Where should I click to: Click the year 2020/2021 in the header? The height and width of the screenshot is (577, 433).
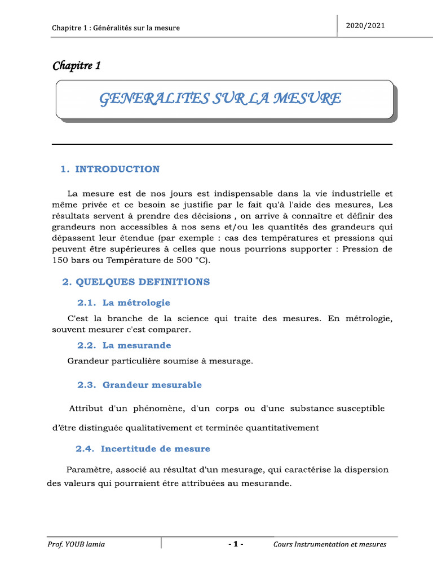[x=366, y=26]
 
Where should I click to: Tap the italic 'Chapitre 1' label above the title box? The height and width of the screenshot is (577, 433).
[x=77, y=66]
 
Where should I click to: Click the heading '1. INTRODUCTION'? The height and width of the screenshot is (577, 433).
[x=110, y=169]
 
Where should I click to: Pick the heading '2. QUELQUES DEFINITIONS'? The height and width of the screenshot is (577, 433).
[x=135, y=282]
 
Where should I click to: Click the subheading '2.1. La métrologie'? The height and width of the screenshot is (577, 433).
[x=123, y=303]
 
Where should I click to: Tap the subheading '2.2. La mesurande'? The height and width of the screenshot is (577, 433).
[x=124, y=345]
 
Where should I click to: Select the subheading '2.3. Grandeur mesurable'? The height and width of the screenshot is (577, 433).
[x=139, y=385]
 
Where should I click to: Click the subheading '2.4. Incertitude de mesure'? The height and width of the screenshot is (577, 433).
[x=143, y=449]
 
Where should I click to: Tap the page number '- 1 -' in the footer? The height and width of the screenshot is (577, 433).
[x=236, y=544]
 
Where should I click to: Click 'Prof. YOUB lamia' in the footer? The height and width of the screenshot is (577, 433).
[x=76, y=544]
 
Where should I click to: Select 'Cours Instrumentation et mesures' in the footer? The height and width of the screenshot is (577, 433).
[x=330, y=544]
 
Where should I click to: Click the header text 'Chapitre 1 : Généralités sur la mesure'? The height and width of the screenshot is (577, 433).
[x=116, y=28]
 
